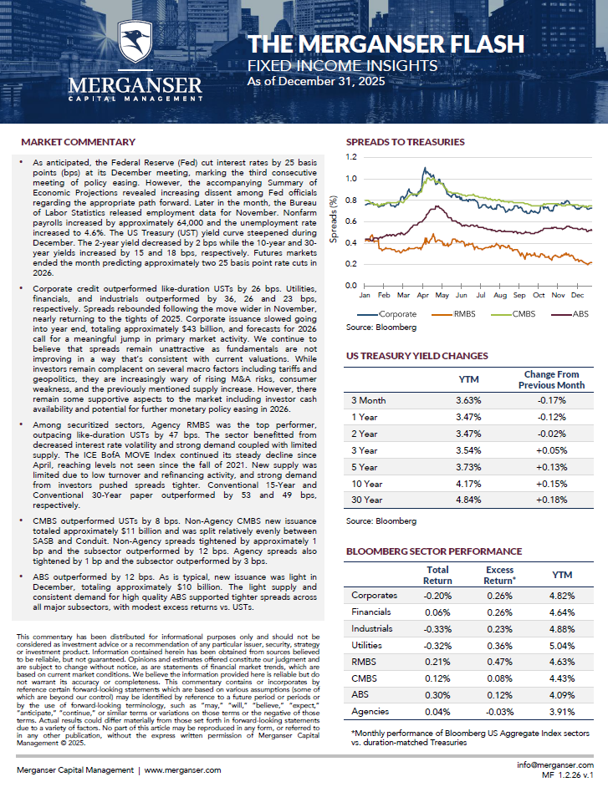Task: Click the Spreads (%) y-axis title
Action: click(x=334, y=221)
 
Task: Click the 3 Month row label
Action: click(x=368, y=401)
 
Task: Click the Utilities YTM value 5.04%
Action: click(x=555, y=647)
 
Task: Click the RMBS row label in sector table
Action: click(x=365, y=663)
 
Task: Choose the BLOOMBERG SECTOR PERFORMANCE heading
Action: click(x=433, y=551)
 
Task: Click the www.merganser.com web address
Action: click(x=181, y=770)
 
